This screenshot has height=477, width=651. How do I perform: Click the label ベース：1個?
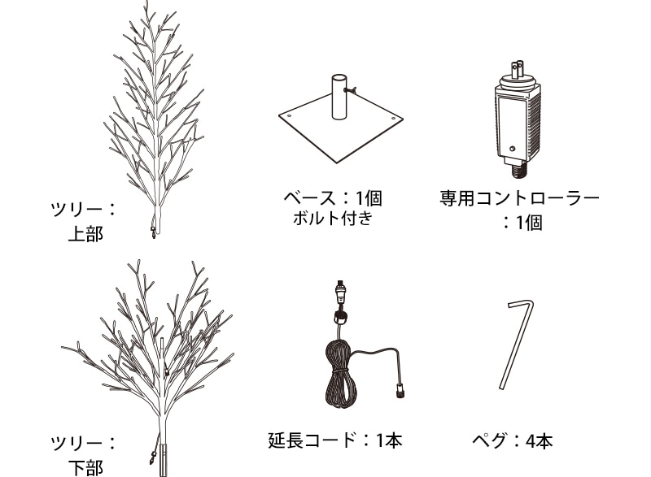333,198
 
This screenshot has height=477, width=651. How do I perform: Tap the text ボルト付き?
333,218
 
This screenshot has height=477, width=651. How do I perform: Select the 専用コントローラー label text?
519,198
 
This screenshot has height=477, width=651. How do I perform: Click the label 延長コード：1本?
335,440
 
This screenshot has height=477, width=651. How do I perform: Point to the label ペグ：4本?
513,440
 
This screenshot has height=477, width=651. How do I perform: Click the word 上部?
85,234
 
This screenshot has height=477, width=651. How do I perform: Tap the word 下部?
85,468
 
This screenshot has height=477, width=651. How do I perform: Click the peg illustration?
517,344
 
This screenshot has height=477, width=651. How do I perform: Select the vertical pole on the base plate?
339,97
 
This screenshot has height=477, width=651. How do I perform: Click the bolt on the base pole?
351,89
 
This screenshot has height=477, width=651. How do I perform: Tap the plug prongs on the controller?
517,70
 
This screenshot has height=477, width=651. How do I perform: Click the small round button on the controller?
513,149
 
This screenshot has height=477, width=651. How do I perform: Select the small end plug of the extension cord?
400,392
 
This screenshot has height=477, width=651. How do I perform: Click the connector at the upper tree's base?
153,232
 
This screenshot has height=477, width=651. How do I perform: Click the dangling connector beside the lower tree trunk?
152,459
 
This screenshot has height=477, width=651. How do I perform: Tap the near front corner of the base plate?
337,163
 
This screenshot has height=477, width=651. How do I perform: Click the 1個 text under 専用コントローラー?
529,223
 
